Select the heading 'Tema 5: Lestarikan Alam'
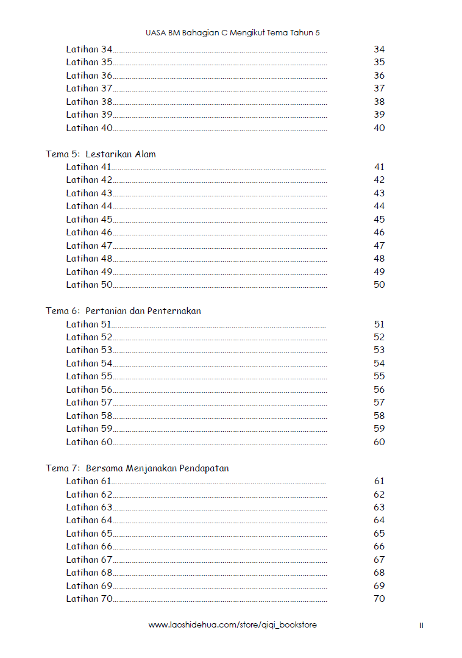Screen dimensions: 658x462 tap(101, 154)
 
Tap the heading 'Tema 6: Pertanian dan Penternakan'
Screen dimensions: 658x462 tap(123, 311)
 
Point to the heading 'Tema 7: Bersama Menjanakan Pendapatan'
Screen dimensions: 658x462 tap(137, 468)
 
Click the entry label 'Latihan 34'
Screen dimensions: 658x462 tap(89, 49)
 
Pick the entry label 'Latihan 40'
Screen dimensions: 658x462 tap(89, 128)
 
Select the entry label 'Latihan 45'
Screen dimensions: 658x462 tap(89, 220)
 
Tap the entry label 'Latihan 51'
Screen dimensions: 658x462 tap(89, 324)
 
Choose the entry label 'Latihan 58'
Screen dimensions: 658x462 tap(89, 416)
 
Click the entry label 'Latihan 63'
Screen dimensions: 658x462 tap(89, 507)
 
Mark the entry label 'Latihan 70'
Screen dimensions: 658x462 tap(89, 599)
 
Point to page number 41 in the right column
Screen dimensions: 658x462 tap(379, 167)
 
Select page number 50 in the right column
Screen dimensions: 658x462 tap(379, 285)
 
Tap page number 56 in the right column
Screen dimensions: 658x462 tap(379, 390)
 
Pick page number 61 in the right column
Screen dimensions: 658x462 tap(379, 481)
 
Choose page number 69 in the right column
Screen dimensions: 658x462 tap(379, 586)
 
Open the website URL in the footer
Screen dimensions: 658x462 tap(233, 625)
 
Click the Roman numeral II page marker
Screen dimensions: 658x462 tap(421, 626)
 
